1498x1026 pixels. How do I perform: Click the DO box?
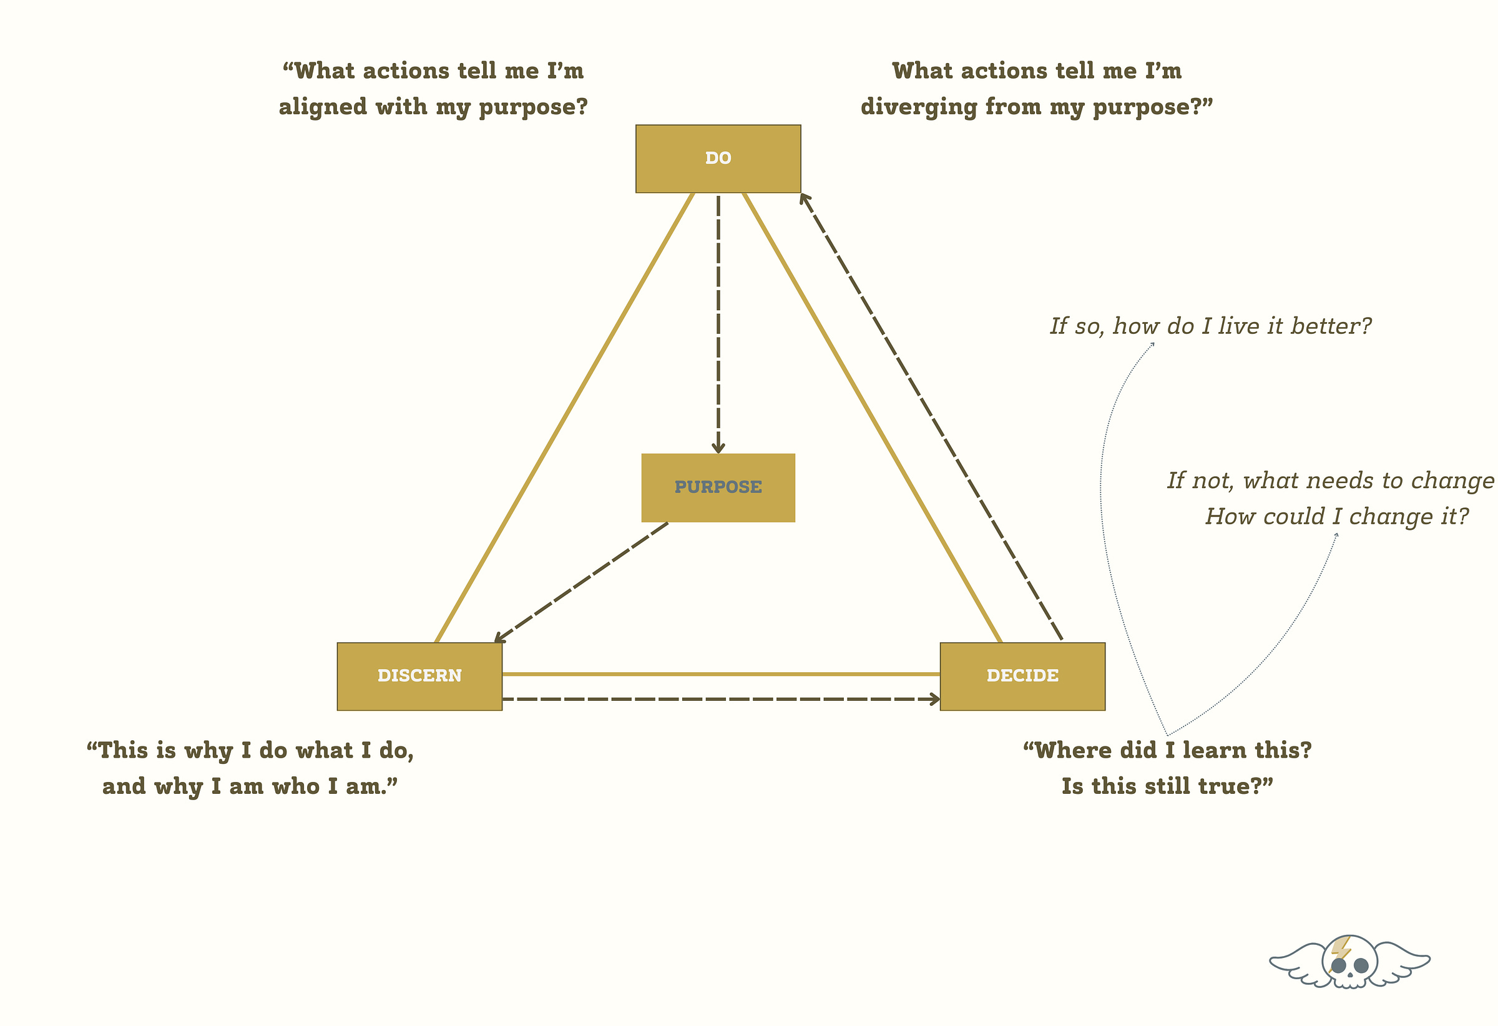point(718,159)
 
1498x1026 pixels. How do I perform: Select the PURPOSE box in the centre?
point(718,487)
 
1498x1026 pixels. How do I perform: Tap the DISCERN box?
point(419,676)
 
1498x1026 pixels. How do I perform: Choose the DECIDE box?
point(1022,676)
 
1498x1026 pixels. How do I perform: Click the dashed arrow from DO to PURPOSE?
point(718,322)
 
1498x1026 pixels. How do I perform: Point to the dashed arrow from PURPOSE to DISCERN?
point(580,583)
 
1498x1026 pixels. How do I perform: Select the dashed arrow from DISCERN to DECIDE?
point(721,699)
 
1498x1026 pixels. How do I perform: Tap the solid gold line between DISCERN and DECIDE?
point(721,674)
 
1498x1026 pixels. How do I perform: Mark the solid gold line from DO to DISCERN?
point(564,418)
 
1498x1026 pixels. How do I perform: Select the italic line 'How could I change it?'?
point(1337,517)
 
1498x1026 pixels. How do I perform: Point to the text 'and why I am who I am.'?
point(250,787)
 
